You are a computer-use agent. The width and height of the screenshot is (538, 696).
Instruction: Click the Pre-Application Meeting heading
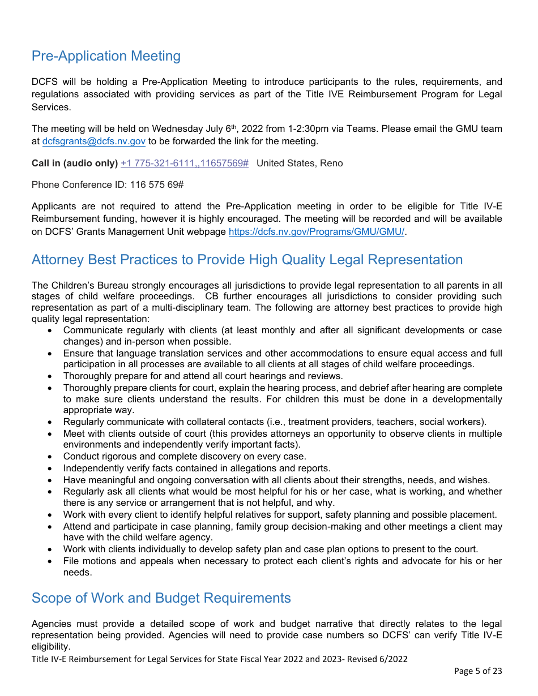click(106, 56)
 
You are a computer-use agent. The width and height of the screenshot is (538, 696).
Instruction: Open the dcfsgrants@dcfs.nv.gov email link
click(93, 141)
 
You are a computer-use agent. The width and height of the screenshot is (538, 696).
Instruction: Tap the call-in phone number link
click(184, 163)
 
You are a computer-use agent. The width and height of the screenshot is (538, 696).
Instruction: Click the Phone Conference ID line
click(107, 184)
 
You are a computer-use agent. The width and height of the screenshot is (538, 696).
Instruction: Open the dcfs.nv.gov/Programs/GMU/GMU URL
click(316, 231)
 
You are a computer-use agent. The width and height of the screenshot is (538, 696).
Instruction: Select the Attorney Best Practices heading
click(247, 260)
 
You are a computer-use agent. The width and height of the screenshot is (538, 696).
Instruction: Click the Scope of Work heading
click(161, 598)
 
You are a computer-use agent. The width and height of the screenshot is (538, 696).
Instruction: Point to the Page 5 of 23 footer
click(477, 671)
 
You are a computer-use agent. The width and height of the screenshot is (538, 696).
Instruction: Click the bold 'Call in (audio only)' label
click(75, 163)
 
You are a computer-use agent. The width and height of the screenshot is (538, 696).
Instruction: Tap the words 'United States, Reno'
click(300, 163)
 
